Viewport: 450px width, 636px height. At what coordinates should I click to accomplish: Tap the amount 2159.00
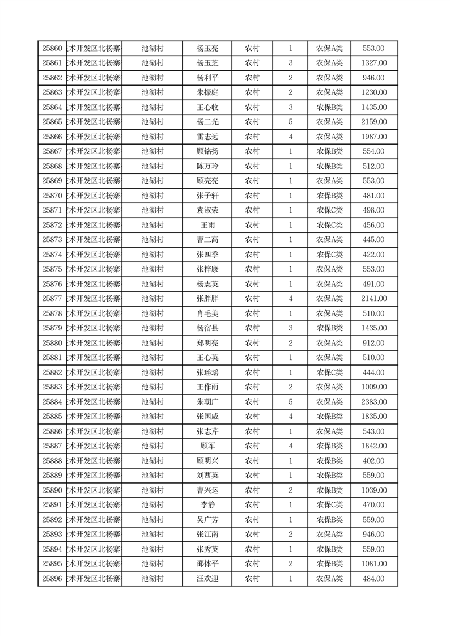click(374, 122)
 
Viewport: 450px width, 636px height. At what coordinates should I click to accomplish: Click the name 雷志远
click(207, 137)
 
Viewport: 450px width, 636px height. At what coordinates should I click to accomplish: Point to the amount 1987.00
click(374, 137)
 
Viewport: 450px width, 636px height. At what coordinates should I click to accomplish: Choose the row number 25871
click(52, 210)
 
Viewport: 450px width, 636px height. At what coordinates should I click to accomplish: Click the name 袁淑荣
click(207, 210)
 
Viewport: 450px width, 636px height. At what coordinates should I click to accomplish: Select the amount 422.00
click(374, 255)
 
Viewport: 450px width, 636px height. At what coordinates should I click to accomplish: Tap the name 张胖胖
click(207, 299)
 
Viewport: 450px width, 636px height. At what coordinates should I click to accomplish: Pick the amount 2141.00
click(374, 299)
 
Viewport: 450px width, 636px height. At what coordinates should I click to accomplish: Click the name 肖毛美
click(207, 313)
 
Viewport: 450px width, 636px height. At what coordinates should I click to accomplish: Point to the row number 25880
click(52, 343)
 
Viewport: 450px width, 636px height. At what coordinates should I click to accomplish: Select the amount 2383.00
click(374, 402)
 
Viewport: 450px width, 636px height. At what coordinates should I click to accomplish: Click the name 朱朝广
click(207, 402)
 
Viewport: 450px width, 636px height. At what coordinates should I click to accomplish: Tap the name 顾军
click(207, 446)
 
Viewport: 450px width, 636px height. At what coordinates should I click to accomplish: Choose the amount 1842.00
click(374, 446)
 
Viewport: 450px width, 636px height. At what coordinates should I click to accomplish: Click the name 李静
click(207, 505)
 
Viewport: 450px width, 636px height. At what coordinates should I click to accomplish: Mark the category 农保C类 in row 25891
click(329, 505)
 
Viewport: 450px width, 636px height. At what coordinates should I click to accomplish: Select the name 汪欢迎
click(207, 579)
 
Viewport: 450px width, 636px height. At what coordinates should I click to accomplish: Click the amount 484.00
click(374, 579)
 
